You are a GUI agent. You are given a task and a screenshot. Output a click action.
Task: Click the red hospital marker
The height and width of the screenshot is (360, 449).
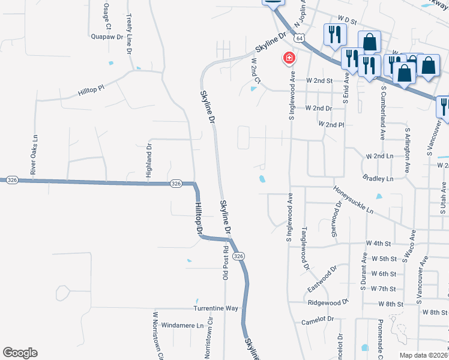289,58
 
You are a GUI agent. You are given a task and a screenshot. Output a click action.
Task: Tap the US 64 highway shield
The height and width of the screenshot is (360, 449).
298,37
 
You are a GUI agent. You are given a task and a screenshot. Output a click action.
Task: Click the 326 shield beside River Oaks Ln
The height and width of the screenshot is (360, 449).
12,179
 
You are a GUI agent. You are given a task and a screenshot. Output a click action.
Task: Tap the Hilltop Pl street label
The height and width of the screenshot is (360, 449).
91,91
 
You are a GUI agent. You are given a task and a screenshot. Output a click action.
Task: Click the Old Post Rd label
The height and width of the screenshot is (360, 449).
226,262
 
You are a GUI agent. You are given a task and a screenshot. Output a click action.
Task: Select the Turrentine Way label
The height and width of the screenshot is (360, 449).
216,308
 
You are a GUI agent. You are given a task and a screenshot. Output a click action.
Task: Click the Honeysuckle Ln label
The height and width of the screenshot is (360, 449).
354,200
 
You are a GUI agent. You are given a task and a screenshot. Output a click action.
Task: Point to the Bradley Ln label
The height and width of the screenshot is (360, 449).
378,178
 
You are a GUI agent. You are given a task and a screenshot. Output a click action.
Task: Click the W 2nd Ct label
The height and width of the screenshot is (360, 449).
255,71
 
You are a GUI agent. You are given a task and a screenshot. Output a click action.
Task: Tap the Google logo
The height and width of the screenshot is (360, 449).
20,353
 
